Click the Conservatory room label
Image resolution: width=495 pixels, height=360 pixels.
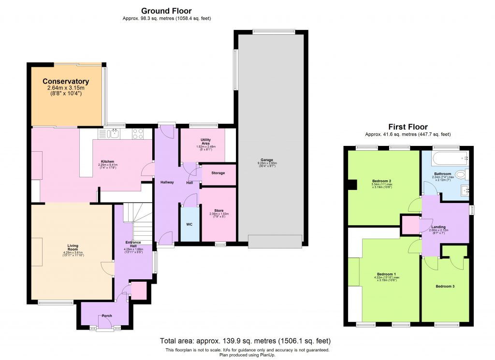pyautogui.click(x=66, y=82)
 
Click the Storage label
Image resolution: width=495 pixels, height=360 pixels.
pyautogui.click(x=218, y=173)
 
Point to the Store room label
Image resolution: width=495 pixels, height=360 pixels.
pyautogui.click(x=218, y=210)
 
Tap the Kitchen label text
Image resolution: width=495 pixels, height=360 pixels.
pyautogui.click(x=107, y=161)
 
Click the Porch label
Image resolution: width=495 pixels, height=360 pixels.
pyautogui.click(x=106, y=316)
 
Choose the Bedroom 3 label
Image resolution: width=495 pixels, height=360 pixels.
pyautogui.click(x=445, y=286)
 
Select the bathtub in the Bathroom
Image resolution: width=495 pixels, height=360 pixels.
pyautogui.click(x=450, y=157)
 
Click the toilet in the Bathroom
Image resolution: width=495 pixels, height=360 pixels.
pyautogui.click(x=462, y=174)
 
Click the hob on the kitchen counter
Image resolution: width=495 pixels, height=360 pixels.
pyautogui.click(x=137, y=133)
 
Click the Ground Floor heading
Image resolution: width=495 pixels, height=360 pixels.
pyautogui.click(x=166, y=11)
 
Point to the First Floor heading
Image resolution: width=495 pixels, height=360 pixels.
pyautogui.click(x=408, y=127)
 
